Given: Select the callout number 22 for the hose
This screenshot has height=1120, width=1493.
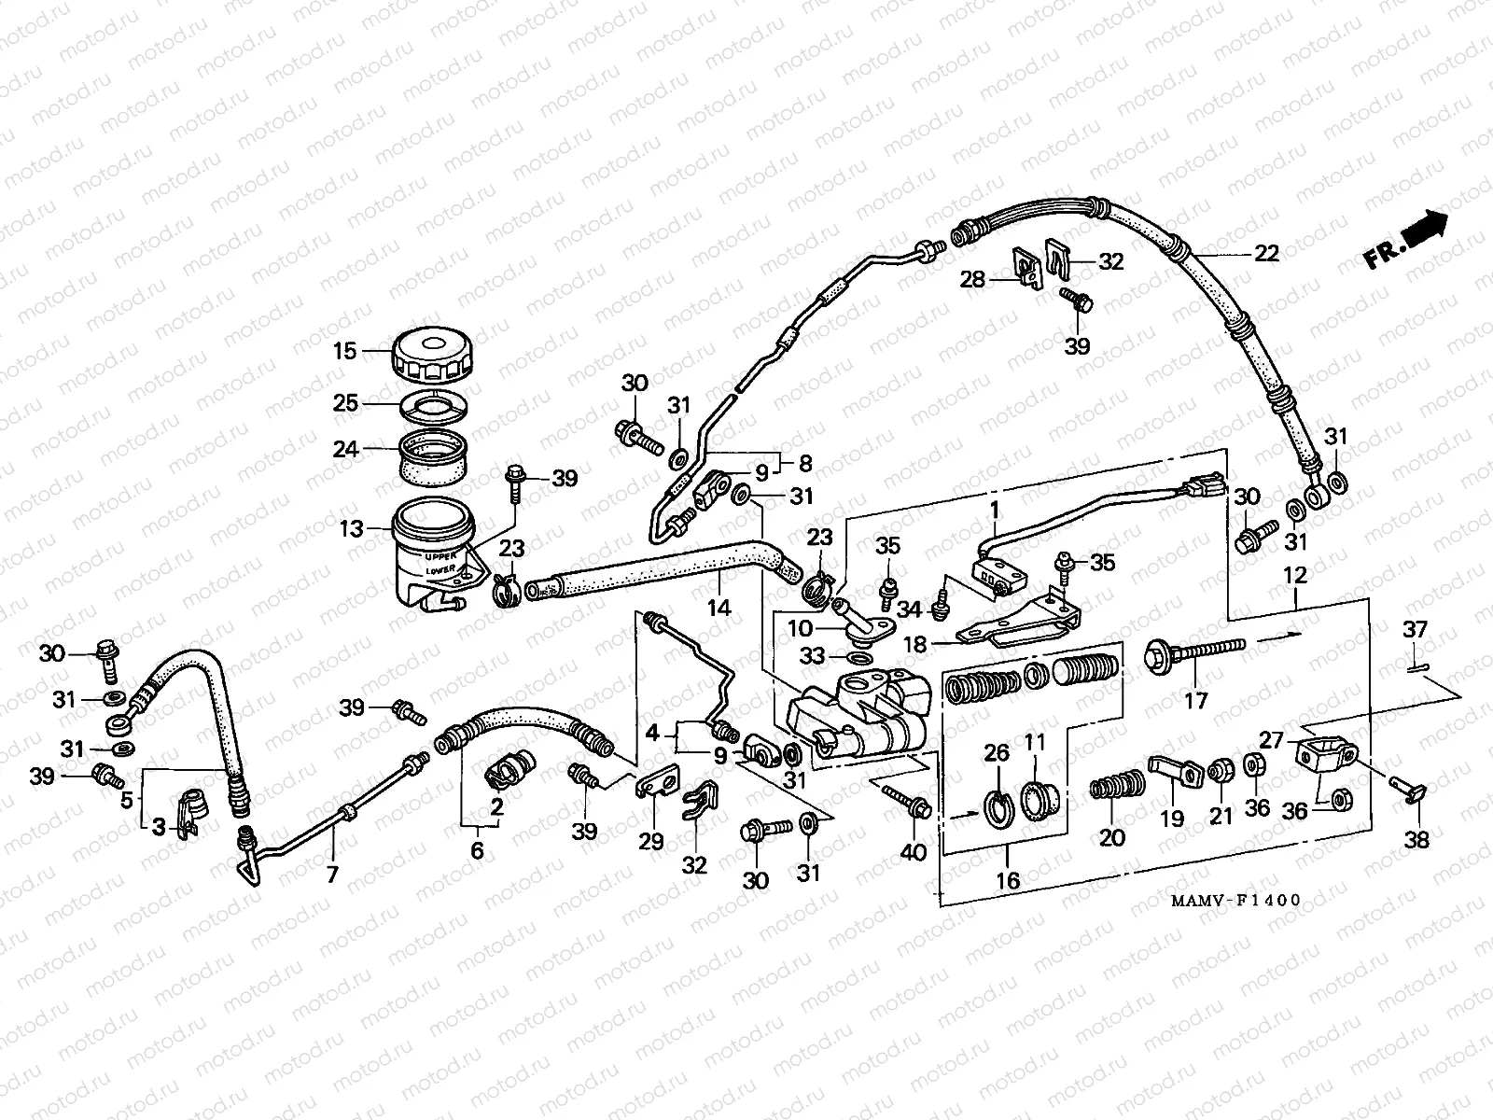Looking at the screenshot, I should (1265, 254).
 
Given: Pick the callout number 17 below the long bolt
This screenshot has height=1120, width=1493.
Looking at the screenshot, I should (1195, 700).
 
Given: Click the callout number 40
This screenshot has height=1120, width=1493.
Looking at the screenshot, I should (914, 850).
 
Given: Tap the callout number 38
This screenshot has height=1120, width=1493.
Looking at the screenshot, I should (1416, 840).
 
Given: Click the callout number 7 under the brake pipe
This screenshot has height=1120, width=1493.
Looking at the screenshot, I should (332, 875).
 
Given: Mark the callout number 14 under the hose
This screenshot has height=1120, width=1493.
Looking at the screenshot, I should (719, 609).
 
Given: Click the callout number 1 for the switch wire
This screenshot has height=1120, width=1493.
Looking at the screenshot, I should (995, 510).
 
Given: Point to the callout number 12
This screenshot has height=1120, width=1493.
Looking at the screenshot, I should (1296, 576).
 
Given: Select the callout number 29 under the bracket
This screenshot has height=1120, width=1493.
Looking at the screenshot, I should (650, 841).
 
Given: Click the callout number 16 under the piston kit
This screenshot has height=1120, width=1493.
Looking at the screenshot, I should (1008, 879).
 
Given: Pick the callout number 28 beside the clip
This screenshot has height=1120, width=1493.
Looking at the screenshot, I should (972, 279).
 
